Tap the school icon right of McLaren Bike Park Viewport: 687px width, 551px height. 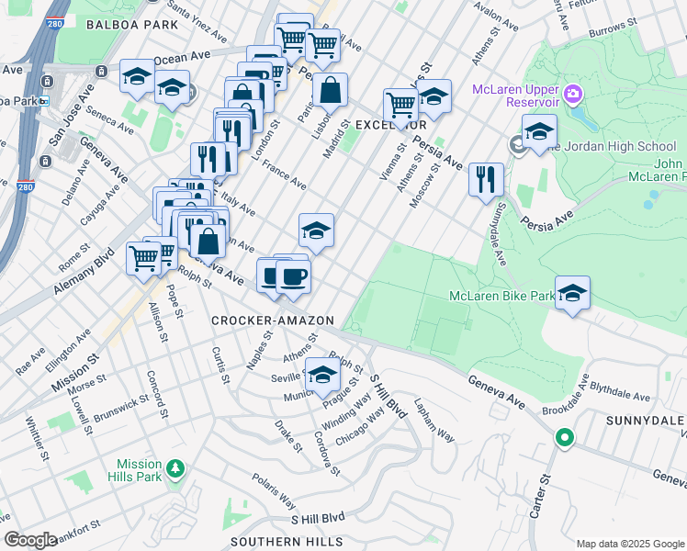tap(572, 293)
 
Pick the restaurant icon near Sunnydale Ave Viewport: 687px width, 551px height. tap(485, 178)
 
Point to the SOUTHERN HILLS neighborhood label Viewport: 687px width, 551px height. tap(287, 542)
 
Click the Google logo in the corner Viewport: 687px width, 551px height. tap(30, 539)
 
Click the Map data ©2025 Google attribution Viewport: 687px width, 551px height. tap(628, 544)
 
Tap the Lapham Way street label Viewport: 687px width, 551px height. tap(434, 420)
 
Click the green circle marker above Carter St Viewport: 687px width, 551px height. tap(564, 439)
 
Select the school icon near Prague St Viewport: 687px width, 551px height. tap(321, 377)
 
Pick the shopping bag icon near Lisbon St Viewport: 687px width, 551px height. tap(330, 91)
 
